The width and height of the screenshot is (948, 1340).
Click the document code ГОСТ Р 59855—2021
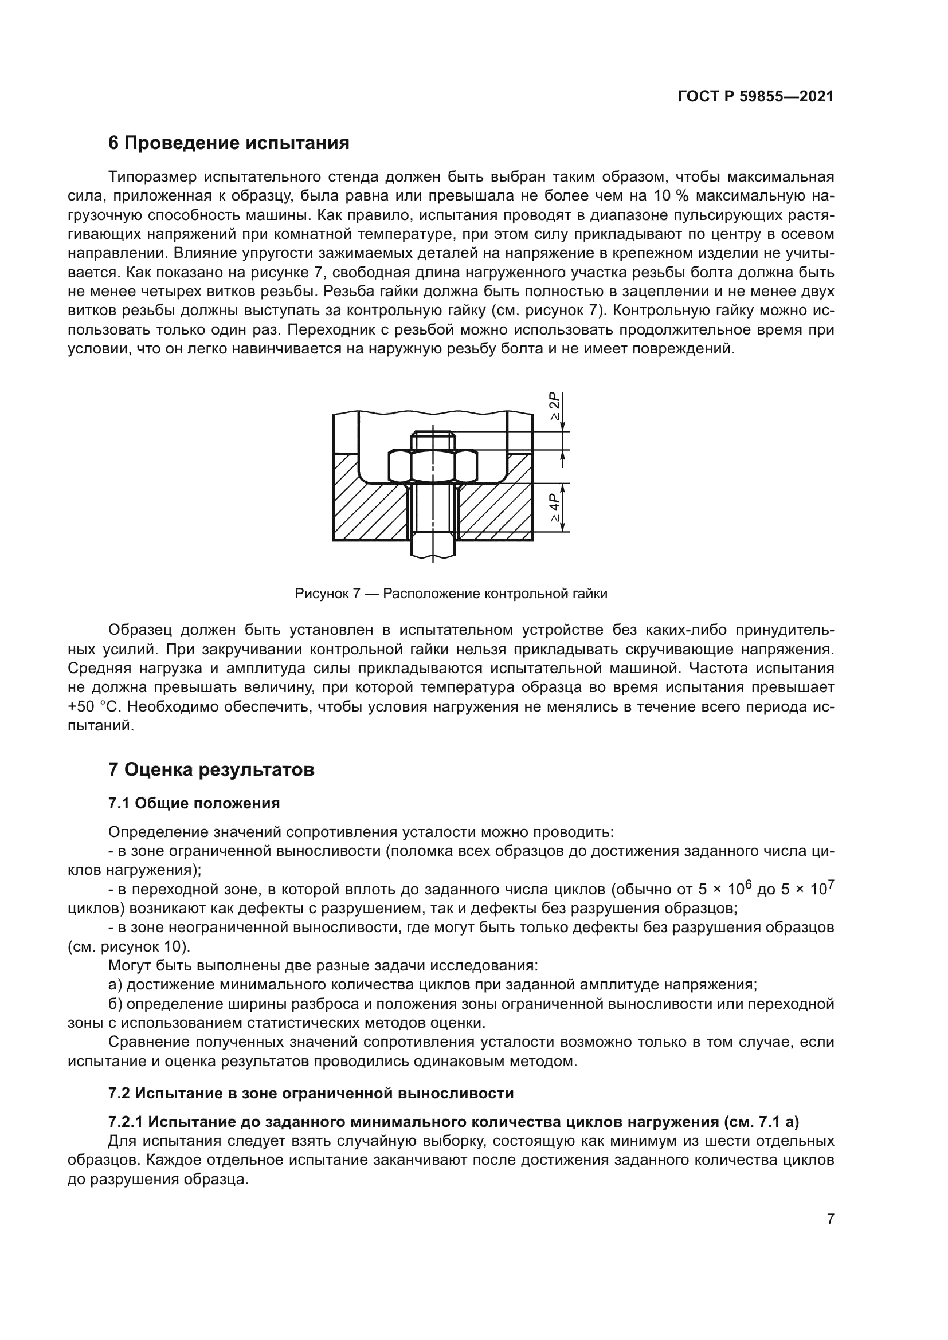pos(755,96)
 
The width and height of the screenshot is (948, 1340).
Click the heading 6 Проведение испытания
pos(229,143)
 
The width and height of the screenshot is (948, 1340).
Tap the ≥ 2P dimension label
pos(554,407)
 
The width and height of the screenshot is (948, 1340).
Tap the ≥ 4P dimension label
pos(554,506)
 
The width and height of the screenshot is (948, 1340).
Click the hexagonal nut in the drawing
pos(433,466)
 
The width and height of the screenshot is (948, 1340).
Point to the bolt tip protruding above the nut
pos(433,440)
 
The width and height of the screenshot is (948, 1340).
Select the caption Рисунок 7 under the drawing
pos(451,594)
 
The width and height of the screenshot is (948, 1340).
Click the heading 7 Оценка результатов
pos(211,770)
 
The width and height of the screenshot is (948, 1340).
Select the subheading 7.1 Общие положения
pos(194,804)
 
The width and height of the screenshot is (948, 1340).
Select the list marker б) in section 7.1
pos(115,1004)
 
